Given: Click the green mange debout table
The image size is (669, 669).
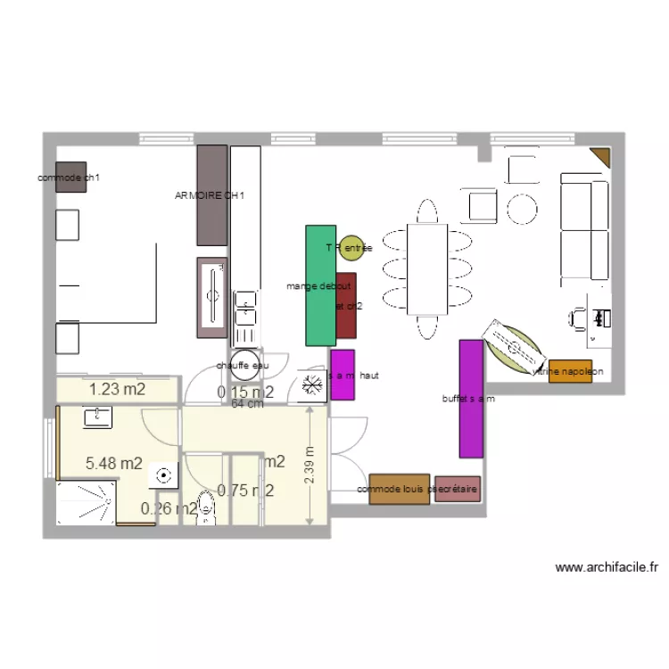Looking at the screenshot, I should click(x=320, y=285).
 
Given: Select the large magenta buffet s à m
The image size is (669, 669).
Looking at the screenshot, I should click(x=471, y=398).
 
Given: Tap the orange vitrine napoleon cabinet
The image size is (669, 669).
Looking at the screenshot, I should click(x=570, y=371).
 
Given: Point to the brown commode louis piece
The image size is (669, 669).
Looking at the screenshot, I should click(x=399, y=489).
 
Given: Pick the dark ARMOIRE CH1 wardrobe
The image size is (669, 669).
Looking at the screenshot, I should click(x=212, y=194).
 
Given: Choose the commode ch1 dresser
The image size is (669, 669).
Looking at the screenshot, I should click(x=71, y=177).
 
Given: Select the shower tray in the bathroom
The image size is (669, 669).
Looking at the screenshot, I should click(x=86, y=504).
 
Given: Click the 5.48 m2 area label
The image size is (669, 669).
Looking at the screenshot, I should click(x=113, y=463).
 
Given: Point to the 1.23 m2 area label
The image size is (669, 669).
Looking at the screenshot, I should click(x=116, y=388).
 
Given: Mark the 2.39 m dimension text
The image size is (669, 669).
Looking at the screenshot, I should click(x=309, y=466).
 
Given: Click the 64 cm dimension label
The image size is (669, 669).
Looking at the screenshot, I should click(x=247, y=404).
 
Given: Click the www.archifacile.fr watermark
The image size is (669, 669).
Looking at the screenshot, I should click(x=606, y=566).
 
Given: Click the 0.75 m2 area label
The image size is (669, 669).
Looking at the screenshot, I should click(x=245, y=489).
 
